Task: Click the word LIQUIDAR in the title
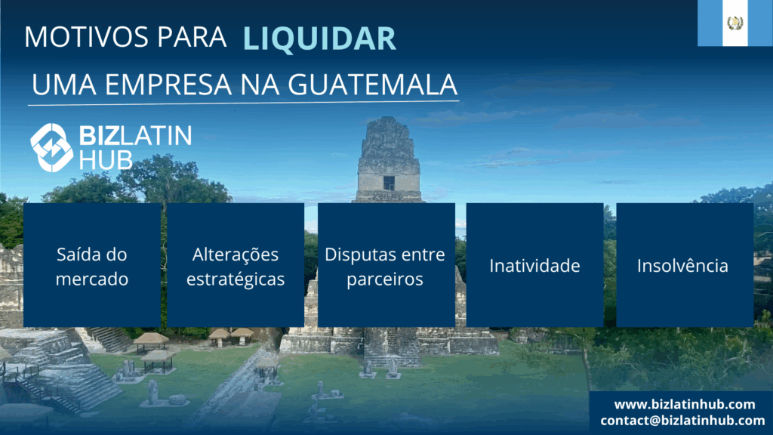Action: coord(319,39)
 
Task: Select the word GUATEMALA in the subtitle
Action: coord(373,85)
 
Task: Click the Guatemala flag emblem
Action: coord(735,23)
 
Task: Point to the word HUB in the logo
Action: coord(106,160)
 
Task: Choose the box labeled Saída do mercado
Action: coord(91,265)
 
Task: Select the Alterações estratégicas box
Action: coord(236,265)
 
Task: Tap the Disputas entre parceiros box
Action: coord(386,265)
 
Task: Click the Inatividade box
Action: coord(535,265)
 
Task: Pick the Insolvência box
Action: coord(685,265)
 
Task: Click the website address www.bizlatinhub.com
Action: coord(684,405)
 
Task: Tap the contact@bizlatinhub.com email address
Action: coord(682,420)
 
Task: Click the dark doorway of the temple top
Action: coord(389,183)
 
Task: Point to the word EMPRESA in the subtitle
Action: coord(168,85)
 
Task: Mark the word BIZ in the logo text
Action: coord(99,136)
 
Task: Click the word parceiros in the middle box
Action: coord(385,279)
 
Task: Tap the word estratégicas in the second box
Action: coord(236,279)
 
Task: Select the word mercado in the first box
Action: coord(91,279)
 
